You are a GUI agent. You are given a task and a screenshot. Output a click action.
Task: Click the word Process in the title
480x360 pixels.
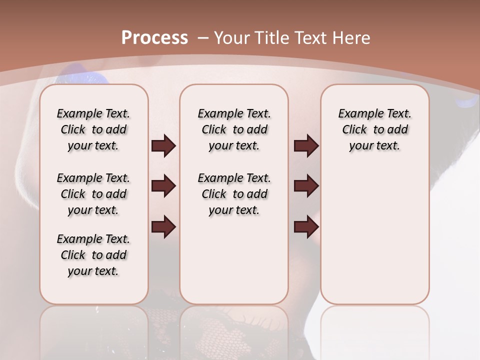tap(154, 38)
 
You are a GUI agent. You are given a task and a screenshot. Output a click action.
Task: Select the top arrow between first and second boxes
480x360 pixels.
tap(163, 146)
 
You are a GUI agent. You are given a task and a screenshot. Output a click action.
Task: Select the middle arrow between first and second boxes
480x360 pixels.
tap(163, 186)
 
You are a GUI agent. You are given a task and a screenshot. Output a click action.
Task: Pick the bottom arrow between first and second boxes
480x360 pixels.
tap(163, 227)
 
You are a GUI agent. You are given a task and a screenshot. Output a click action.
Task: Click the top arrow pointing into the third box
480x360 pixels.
tap(306, 146)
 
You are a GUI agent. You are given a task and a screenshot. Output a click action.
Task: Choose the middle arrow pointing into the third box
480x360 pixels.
tap(306, 186)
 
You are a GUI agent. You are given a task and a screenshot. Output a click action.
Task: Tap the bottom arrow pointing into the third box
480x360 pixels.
tap(306, 227)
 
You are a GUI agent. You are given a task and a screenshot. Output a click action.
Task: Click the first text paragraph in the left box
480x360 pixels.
tap(93, 129)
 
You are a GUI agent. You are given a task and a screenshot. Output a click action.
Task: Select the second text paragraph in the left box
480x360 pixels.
tap(93, 194)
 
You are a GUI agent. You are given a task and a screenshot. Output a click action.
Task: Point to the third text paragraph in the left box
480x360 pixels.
tap(93, 255)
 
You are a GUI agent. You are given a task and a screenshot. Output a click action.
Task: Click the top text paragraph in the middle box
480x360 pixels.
tap(234, 129)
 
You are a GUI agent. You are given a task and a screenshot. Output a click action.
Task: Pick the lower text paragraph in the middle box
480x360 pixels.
tap(234, 194)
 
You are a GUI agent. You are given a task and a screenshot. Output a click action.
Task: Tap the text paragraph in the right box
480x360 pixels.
tap(374, 129)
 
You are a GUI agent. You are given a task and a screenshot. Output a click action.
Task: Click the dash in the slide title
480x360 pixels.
tap(203, 38)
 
